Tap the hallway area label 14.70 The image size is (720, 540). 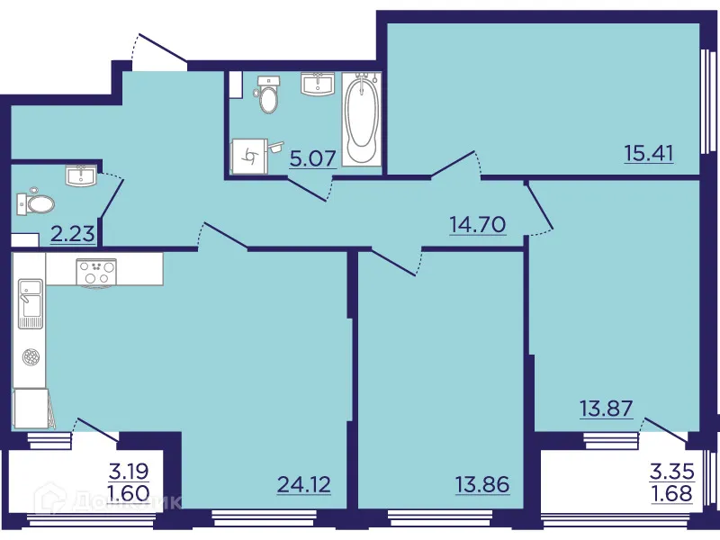click(x=477, y=221)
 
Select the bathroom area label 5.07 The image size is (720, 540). click(x=313, y=159)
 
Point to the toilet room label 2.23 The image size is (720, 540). click(x=73, y=235)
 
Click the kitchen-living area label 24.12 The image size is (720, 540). click(x=304, y=485)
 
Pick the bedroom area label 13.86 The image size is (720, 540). click(x=482, y=485)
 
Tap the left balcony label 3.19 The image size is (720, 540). click(x=128, y=469)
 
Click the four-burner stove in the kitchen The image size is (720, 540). click(x=97, y=271)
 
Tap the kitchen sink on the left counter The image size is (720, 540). click(x=30, y=304)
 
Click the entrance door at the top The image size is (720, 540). click(x=158, y=49)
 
